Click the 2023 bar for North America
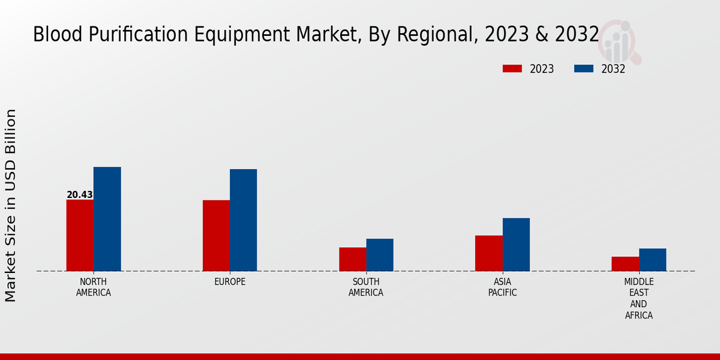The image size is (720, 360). [x=80, y=235]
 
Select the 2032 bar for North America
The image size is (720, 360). [x=107, y=219]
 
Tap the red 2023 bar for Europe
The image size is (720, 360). [x=216, y=235]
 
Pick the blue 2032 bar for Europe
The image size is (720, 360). [x=243, y=220]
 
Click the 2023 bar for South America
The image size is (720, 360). [x=352, y=259]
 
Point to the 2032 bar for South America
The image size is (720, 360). [x=380, y=255]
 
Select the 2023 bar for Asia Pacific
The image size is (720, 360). [x=488, y=253]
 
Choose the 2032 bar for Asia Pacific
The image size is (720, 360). [x=516, y=244]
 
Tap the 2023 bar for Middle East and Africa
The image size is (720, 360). [x=625, y=264]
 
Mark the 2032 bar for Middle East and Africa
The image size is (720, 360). [x=652, y=260]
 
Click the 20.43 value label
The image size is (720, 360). [x=80, y=195]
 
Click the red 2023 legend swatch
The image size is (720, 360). [x=512, y=68]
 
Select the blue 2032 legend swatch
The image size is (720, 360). [x=583, y=68]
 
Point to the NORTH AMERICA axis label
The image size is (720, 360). [x=94, y=287]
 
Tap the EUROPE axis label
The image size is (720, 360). [x=230, y=282]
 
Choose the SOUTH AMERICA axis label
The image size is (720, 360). [x=366, y=287]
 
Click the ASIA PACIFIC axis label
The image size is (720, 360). [x=502, y=287]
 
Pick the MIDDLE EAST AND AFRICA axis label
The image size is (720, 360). [x=639, y=298]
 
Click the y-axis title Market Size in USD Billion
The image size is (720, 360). [x=11, y=205]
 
